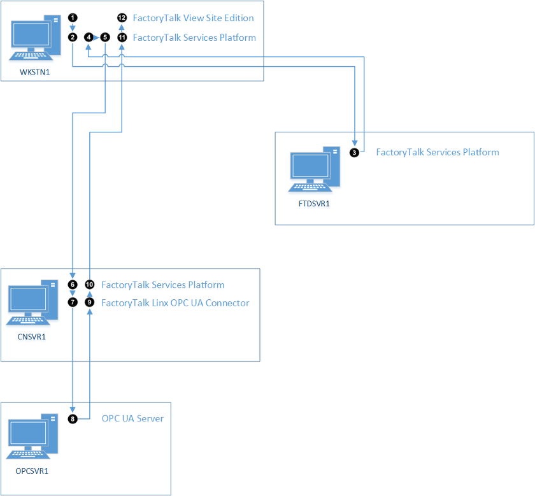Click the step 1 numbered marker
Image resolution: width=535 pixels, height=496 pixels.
tap(73, 18)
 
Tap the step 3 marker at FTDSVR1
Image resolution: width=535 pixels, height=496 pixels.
tap(355, 152)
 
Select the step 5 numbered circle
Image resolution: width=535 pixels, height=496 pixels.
tap(105, 38)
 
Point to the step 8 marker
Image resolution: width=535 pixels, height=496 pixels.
tap(73, 419)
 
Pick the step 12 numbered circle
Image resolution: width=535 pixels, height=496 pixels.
tap(122, 18)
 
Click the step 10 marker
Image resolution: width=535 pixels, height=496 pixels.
tap(89, 285)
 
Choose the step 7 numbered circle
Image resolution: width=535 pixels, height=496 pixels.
tap(73, 302)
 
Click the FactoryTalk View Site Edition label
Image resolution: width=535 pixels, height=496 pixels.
tap(193, 18)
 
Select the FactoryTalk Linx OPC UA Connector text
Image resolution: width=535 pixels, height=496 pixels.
tap(175, 302)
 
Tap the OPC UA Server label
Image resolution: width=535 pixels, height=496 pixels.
tap(132, 418)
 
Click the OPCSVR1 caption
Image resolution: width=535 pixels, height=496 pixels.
tap(32, 471)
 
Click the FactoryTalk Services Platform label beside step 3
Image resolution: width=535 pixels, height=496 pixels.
tap(438, 152)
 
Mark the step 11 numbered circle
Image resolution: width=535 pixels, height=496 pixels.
tap(122, 38)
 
